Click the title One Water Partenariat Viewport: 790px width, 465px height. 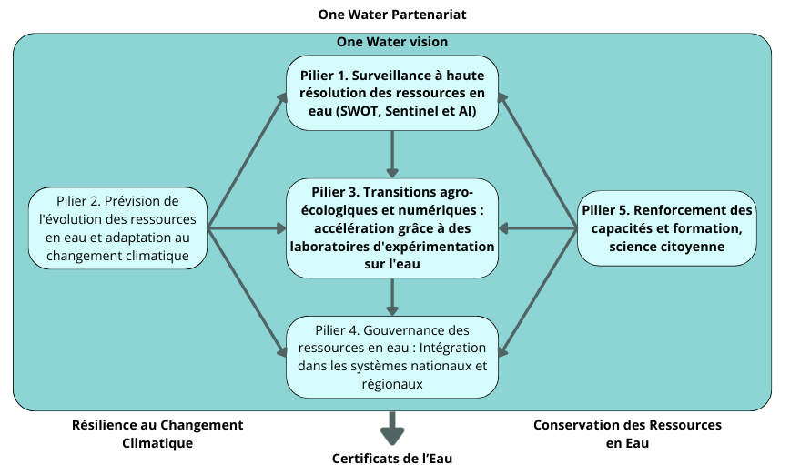pos(392,15)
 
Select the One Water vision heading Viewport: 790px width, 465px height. pos(392,42)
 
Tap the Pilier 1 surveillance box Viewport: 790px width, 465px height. pos(392,93)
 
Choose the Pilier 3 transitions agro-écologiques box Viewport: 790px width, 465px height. pos(392,228)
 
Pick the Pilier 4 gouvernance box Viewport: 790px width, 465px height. pos(392,357)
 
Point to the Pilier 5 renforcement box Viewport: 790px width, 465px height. pos(667,228)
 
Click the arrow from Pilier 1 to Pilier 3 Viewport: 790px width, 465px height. pos(392,153)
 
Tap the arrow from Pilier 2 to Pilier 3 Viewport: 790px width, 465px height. pos(246,228)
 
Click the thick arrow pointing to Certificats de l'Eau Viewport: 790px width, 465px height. pos(392,428)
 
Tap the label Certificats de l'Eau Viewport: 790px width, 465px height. pos(392,458)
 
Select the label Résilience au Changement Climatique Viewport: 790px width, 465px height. pos(157,434)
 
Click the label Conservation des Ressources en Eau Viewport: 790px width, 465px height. pos(627,434)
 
